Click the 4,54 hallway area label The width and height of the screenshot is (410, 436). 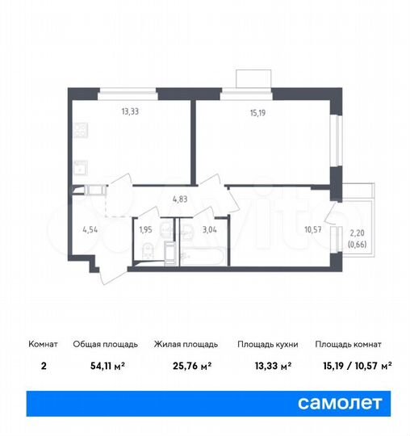90,228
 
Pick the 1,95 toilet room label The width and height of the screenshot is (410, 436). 145,228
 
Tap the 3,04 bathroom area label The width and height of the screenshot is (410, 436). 208,228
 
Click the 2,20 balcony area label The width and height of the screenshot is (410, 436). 356,234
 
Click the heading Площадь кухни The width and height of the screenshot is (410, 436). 268,344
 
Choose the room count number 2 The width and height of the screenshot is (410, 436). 44,366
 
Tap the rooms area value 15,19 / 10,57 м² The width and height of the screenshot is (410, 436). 353,366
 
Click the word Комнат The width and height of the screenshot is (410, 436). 44,344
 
